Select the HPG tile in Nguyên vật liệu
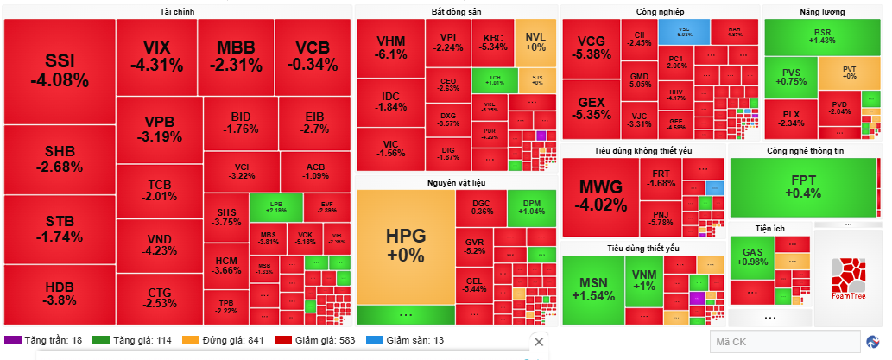pos(406,246)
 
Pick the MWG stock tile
pos(602,196)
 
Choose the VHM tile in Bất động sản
pos(390,47)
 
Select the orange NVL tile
pos(535,41)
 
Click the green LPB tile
pos(276,207)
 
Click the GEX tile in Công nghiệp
pos(592,108)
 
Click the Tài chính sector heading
pos(177,11)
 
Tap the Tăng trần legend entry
pos(43,340)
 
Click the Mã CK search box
pos(783,342)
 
